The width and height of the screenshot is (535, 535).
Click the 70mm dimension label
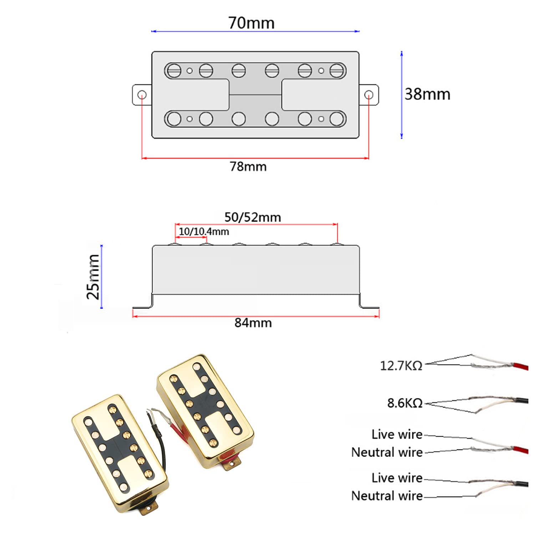point(251,23)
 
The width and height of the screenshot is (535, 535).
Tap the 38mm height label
point(427,94)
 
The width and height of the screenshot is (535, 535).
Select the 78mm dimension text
point(248,167)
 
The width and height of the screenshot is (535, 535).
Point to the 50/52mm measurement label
point(253,217)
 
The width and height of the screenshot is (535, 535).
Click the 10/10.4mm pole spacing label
point(204,231)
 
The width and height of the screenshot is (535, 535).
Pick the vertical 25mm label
point(93,277)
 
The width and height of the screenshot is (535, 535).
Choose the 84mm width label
point(253,323)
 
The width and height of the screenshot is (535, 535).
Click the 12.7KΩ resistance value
point(401,366)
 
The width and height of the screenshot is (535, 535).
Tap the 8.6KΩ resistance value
point(404,403)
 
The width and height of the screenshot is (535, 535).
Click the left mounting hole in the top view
point(142,95)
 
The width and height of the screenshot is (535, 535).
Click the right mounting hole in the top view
point(369,95)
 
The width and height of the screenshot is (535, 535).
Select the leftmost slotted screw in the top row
point(174,70)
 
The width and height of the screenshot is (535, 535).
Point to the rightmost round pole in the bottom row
point(336,119)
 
